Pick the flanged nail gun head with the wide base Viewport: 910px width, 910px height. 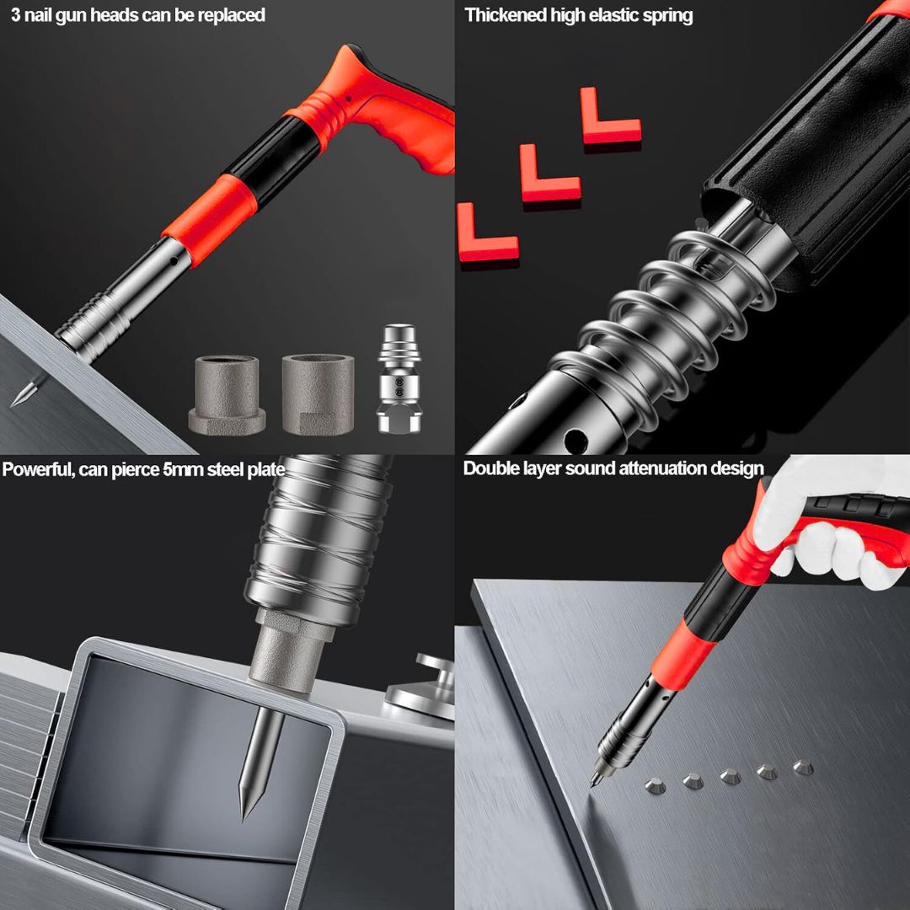[x=227, y=395]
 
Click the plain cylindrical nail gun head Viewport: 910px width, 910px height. [x=318, y=394]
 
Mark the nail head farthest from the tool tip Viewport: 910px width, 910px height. [x=803, y=767]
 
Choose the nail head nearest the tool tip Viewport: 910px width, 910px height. [x=656, y=786]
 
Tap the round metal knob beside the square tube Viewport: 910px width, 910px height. [x=424, y=688]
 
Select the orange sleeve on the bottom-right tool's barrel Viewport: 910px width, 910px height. [x=683, y=655]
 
